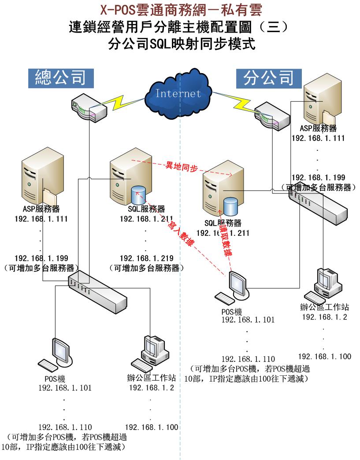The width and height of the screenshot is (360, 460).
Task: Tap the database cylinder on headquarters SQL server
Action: (139, 194)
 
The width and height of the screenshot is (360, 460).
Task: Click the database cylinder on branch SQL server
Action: (232, 206)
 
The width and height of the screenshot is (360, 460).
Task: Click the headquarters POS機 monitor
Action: (60, 352)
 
